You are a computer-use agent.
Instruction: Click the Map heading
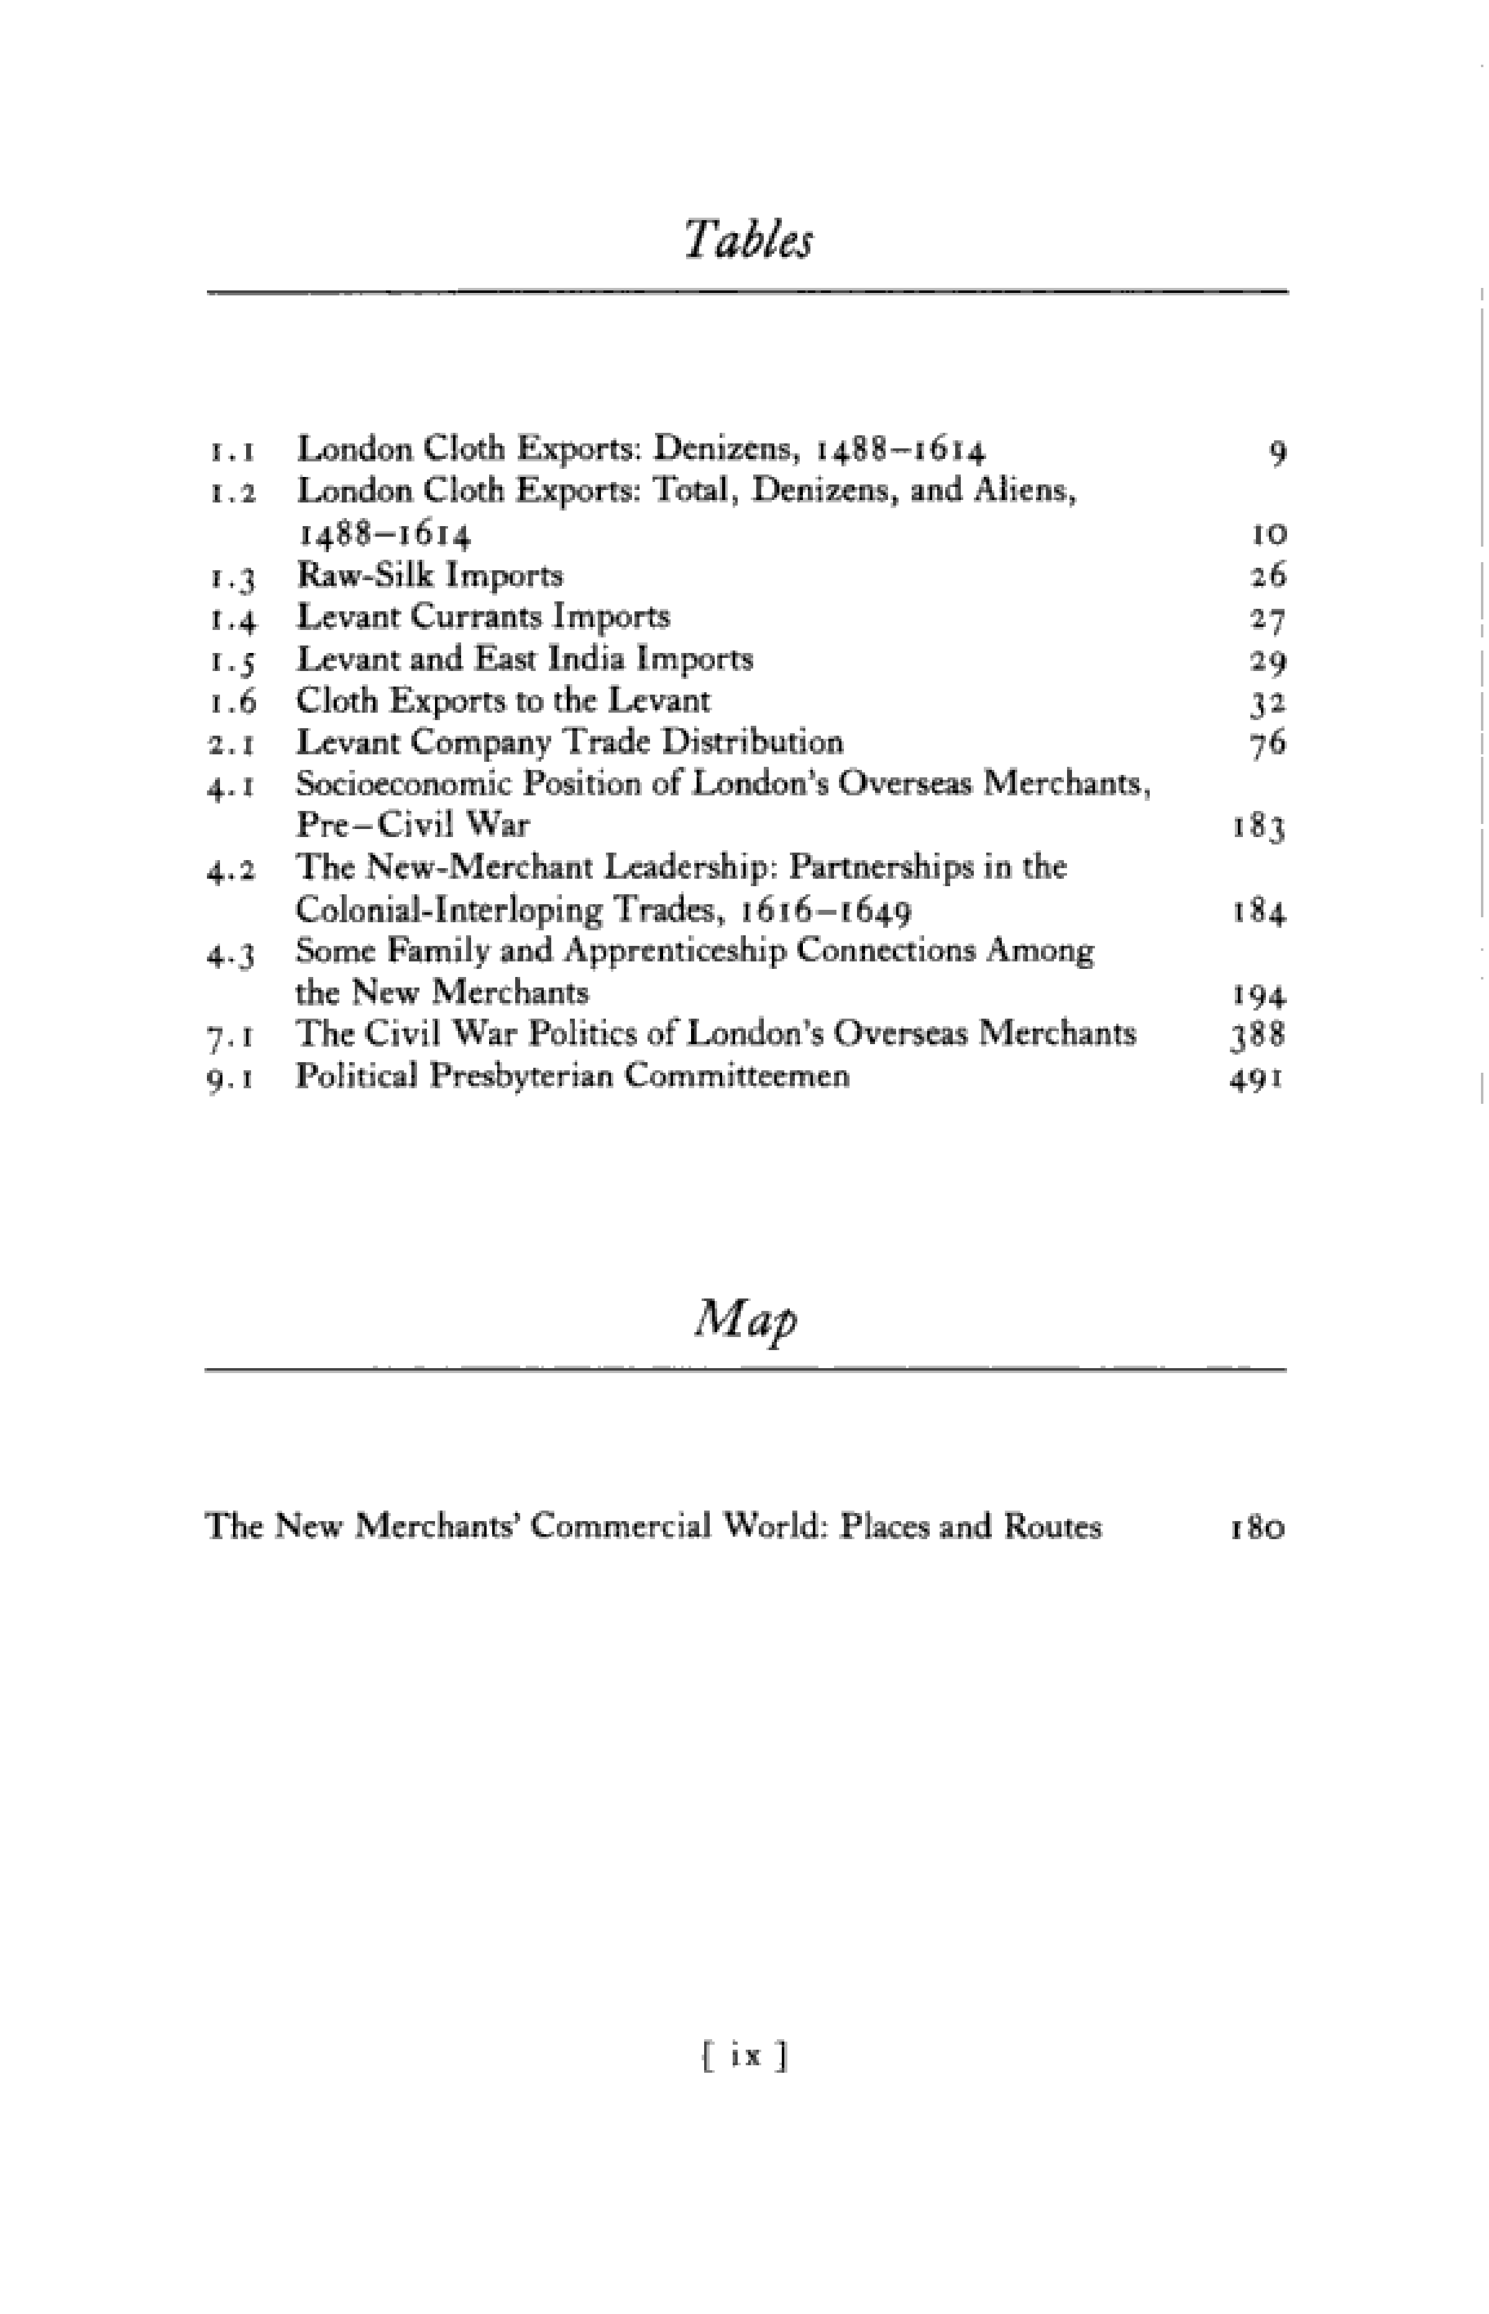click(x=746, y=1318)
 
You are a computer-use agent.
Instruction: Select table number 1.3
click(x=232, y=578)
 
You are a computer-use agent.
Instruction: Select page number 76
click(x=1268, y=744)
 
